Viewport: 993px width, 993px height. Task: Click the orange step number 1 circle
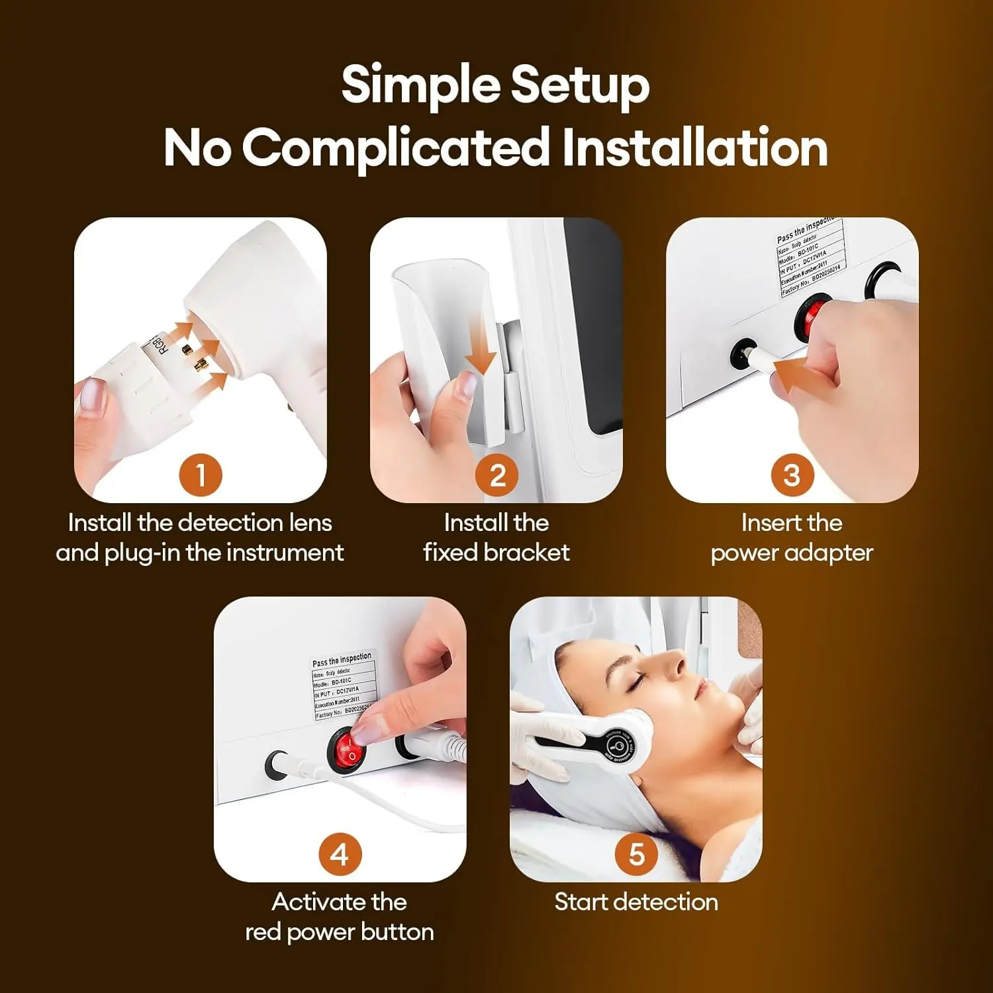pos(201,475)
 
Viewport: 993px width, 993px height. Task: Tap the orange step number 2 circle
pos(497,475)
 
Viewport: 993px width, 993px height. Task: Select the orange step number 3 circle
pos(792,475)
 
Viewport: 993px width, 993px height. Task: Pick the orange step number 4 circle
pos(340,854)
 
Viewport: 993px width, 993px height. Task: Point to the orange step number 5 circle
pos(636,854)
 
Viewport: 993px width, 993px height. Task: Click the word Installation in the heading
pos(695,148)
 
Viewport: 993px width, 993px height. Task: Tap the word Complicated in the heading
pos(396,148)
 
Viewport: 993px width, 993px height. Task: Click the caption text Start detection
pos(636,902)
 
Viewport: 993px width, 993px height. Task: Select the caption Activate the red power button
pos(340,917)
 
